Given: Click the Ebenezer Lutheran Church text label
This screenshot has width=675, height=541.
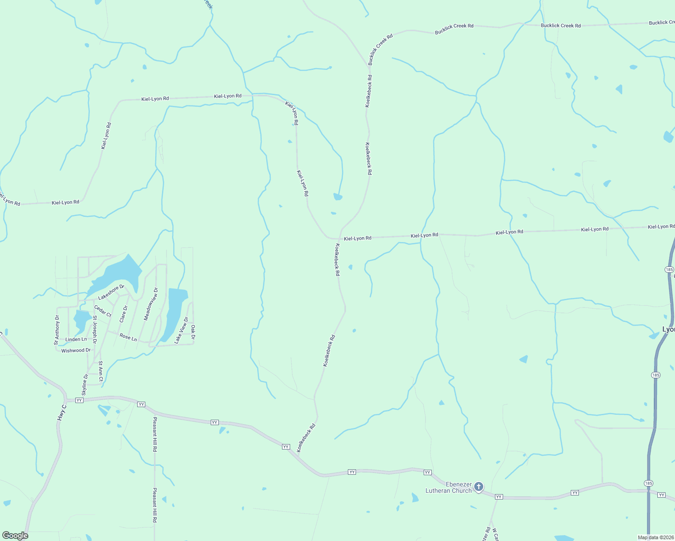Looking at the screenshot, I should [x=448, y=487].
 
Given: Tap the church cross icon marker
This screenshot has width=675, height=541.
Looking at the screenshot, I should [x=479, y=487].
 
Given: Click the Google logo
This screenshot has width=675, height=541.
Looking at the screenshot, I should [x=15, y=536].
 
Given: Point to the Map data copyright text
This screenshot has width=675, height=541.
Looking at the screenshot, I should [x=656, y=537].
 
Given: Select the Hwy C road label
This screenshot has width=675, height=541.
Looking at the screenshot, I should [x=62, y=413].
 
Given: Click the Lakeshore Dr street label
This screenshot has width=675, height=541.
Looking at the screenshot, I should [x=111, y=292].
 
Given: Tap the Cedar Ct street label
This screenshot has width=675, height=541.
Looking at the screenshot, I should [x=102, y=311].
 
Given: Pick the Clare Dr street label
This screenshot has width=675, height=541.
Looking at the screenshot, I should [x=124, y=314].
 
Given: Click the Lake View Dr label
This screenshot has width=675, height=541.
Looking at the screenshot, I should [x=181, y=330].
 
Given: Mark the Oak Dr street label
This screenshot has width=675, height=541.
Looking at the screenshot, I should [x=193, y=332].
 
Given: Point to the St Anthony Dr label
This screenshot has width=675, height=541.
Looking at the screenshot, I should [x=57, y=330].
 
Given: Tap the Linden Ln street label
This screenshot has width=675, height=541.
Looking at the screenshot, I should [x=76, y=339].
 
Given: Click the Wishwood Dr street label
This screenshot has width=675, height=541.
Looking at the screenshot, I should [x=76, y=350].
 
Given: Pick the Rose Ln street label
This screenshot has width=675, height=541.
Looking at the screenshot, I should [x=128, y=337].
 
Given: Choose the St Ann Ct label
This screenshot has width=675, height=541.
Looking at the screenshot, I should [x=101, y=371].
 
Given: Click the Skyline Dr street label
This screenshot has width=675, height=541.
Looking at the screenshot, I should [x=85, y=385].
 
